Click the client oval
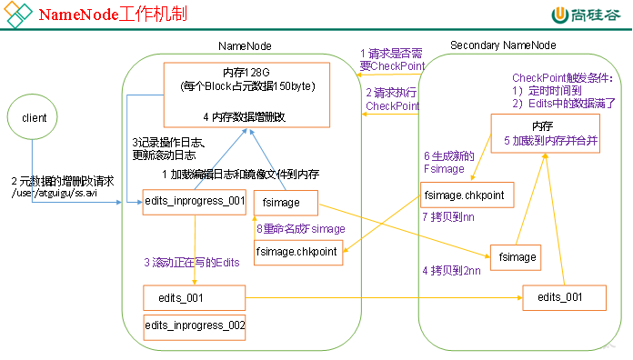point(35,117)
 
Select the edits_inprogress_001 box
point(195,202)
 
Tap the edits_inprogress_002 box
point(195,325)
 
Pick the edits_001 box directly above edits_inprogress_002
point(195,297)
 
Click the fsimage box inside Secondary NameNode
point(516,257)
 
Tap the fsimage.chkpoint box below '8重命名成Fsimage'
point(298,252)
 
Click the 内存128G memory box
point(246,95)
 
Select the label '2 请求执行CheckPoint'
point(393,99)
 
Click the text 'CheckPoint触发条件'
point(562,78)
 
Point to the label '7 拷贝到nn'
point(450,217)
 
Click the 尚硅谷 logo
point(588,15)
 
